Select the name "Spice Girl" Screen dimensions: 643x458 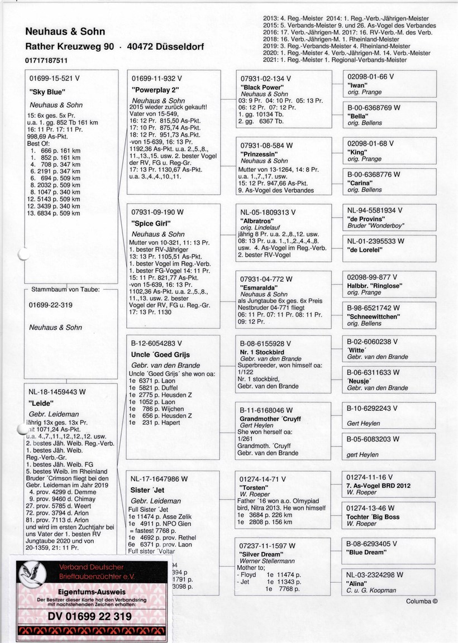coord(151,223)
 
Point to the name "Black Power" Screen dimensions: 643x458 coord(260,88)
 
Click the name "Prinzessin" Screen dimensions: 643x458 coord(257,153)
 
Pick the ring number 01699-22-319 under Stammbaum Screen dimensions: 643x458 coord(55,306)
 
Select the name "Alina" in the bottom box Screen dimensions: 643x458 coord(358,583)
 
